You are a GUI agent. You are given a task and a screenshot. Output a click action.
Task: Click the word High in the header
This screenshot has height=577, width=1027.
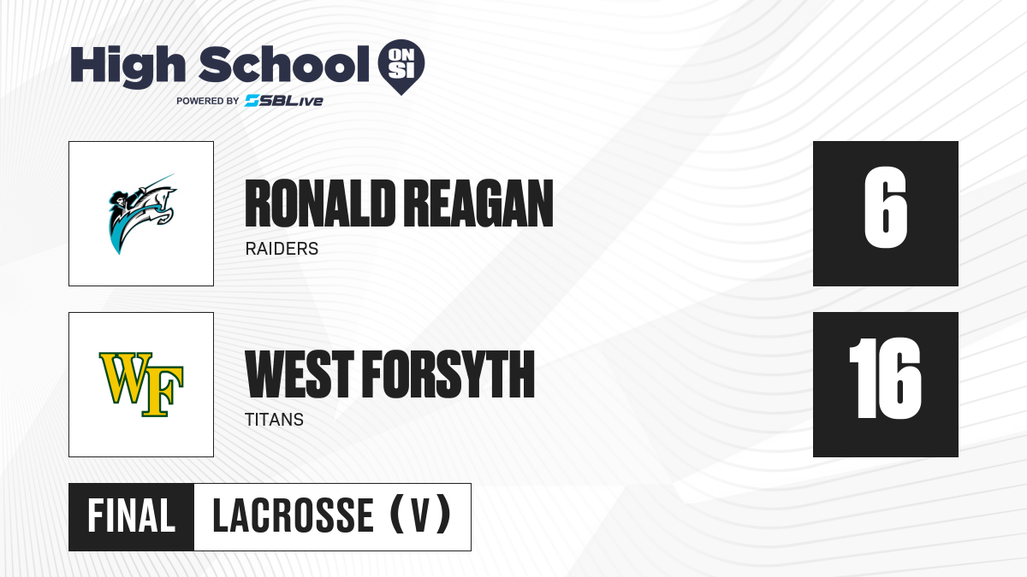coord(128,67)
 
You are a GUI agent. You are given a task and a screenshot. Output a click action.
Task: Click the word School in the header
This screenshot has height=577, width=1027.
coord(284,64)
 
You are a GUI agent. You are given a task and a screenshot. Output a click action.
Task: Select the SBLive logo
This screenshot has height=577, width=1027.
coord(284,101)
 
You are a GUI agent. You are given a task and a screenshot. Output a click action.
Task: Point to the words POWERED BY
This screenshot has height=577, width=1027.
coord(207,101)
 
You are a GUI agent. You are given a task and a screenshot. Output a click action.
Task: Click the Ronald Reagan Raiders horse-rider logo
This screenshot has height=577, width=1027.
coord(142,214)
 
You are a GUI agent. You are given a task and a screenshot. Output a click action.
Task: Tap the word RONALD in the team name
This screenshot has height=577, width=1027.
coord(320,203)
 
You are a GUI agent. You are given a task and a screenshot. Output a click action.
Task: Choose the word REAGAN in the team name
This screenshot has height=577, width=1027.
coord(478,203)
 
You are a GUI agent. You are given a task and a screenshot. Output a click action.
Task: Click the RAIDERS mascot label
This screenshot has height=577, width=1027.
coord(282,249)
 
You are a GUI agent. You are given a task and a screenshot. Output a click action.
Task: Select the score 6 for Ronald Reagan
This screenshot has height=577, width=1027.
coord(885,208)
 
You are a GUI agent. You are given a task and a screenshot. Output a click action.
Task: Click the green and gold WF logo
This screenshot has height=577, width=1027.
coord(142,385)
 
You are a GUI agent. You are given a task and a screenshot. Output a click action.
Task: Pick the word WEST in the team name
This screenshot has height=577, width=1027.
coord(300,374)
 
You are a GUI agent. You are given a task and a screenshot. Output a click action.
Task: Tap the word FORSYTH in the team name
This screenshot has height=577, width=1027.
coord(448,374)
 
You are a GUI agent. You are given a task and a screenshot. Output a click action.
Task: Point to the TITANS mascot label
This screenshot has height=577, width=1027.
coord(274,420)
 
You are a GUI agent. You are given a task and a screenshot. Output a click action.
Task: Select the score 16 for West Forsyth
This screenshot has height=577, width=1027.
coord(885,378)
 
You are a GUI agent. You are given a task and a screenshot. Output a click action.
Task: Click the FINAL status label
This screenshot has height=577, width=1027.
coord(132,516)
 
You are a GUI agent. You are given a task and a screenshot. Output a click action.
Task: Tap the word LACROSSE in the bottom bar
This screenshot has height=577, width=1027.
coord(294,516)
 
